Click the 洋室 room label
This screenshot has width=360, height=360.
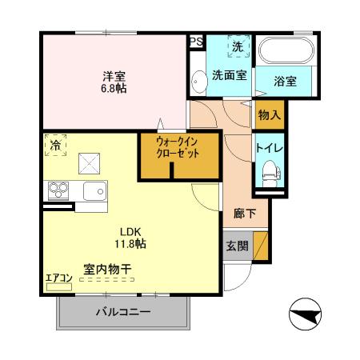pyautogui.click(x=113, y=76)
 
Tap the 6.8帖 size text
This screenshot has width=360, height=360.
pyautogui.click(x=113, y=88)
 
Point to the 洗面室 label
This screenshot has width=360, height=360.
pyautogui.click(x=228, y=76)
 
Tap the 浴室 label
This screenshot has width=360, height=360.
pyautogui.click(x=286, y=81)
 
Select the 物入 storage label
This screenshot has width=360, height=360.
pyautogui.click(x=269, y=114)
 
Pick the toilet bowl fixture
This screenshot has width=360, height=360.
pyautogui.click(x=270, y=172)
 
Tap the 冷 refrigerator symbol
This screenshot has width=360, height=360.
pyautogui.click(x=56, y=147)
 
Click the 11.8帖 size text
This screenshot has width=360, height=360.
pyautogui.click(x=129, y=241)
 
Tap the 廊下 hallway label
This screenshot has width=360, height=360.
pyautogui.click(x=245, y=214)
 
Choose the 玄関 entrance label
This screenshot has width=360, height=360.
pyautogui.click(x=236, y=246)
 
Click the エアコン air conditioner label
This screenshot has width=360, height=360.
pyautogui.click(x=58, y=278)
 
